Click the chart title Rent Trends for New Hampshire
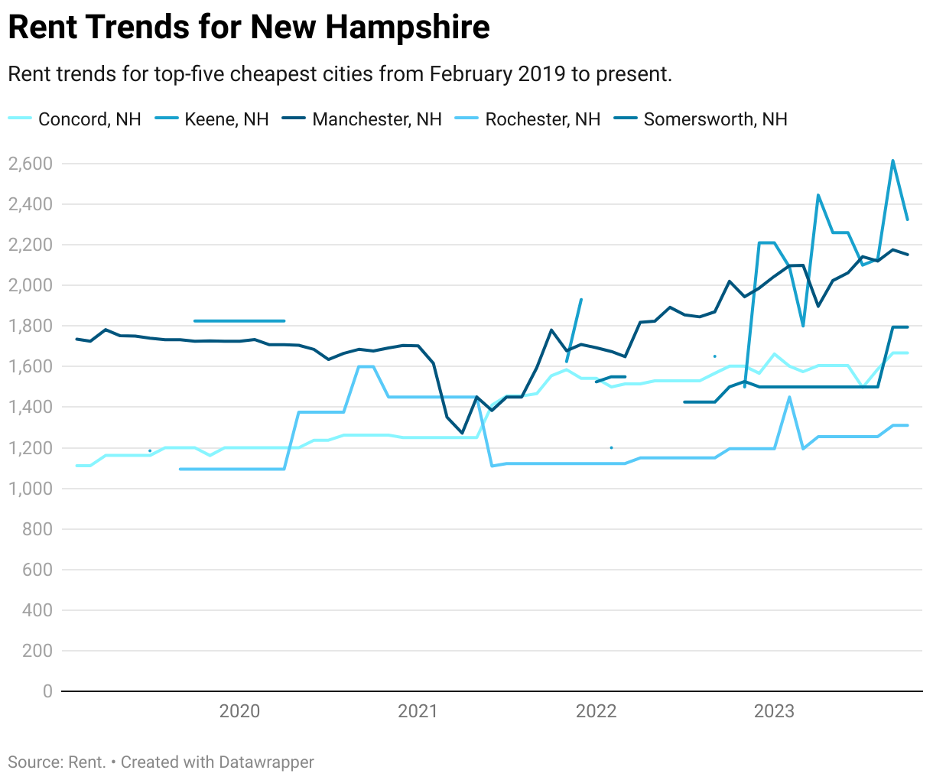pos(249,28)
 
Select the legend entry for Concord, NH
pos(89,119)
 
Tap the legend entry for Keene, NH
pos(226,119)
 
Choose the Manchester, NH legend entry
pos(376,119)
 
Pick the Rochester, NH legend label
pos(542,119)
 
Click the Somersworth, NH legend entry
pos(715,119)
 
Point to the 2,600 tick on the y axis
pos(30,164)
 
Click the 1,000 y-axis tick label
pos(30,489)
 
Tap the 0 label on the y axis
pos(47,691)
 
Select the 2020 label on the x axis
pos(239,711)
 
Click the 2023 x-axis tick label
pos(774,711)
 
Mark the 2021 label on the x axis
pos(418,711)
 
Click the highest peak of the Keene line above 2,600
pos(892,161)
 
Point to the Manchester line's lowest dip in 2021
pos(462,433)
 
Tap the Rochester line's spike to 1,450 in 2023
pos(788,397)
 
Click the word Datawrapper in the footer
pos(266,762)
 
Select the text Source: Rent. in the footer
pos(57,762)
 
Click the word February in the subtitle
pos(470,74)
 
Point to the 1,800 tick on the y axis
pos(30,326)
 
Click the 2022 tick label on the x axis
pos(596,711)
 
